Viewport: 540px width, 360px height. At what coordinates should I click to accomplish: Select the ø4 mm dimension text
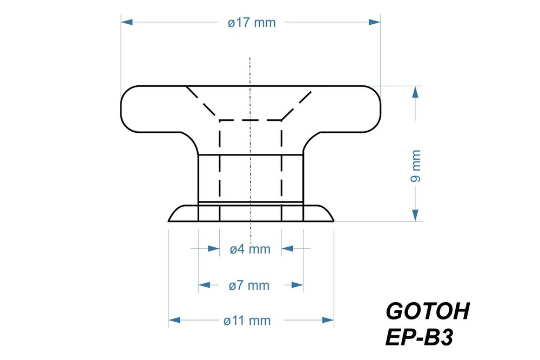click(x=249, y=249)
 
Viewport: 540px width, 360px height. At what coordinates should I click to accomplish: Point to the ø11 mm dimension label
click(x=249, y=321)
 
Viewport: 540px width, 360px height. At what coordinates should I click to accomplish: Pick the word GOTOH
click(x=428, y=312)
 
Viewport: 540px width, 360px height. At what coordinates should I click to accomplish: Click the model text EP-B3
click(x=418, y=339)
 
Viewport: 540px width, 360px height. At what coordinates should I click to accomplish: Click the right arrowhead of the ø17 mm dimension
click(x=375, y=22)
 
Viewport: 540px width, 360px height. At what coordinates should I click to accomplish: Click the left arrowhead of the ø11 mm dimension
click(x=174, y=320)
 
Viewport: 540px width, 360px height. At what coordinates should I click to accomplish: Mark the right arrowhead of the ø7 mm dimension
click(x=297, y=284)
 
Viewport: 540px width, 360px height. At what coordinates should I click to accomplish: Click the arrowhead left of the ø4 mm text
click(x=214, y=248)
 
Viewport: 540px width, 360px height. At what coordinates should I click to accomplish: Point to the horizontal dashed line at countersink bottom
click(x=250, y=120)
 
